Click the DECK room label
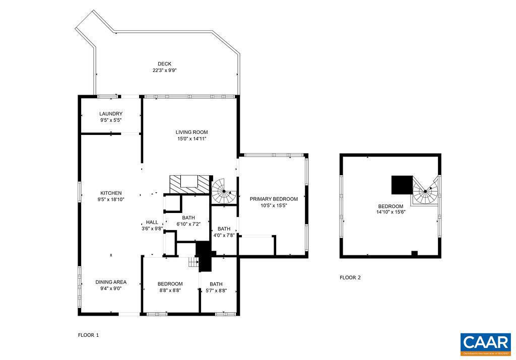pos(164,64)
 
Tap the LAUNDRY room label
pos(111,114)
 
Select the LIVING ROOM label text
pos(191,132)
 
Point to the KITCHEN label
pos(111,193)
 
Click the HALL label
pos(152,222)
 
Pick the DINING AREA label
pos(111,282)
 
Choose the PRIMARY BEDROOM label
pos(274,199)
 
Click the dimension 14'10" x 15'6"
pos(391,212)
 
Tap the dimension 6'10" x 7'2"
pos(188,224)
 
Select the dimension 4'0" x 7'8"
pos(224,235)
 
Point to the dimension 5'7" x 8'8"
pos(216,291)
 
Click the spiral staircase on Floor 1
pos(223,191)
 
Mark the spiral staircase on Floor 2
pos(426,191)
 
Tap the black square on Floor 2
pos(402,184)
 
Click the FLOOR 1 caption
pos(89,335)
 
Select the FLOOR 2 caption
pos(350,277)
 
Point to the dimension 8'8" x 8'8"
pos(170,291)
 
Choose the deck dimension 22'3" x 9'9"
pos(164,70)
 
